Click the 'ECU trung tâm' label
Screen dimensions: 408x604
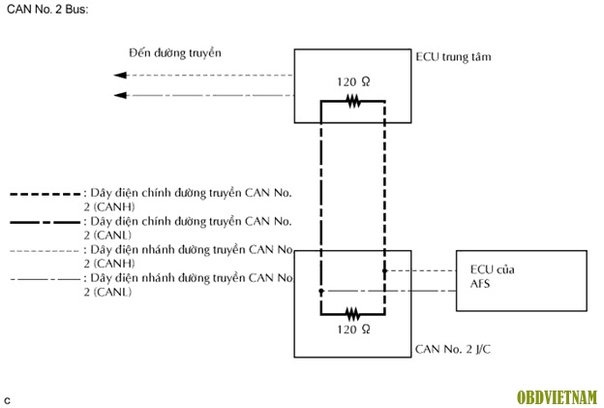tap(453, 57)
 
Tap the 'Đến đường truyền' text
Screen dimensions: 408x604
tap(175, 52)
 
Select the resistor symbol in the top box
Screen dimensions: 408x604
tap(353, 100)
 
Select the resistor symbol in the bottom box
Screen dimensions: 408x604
tap(353, 313)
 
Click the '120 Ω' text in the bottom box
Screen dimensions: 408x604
tap(353, 330)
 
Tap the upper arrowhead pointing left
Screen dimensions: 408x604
tap(120, 76)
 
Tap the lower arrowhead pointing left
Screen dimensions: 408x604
tap(120, 94)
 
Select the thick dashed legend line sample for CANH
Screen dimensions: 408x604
tap(45, 195)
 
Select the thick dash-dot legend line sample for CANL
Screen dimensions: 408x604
tap(45, 222)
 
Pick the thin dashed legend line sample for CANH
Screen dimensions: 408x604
tap(45, 250)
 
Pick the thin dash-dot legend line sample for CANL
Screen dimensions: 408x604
tap(45, 279)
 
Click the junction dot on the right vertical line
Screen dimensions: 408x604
tap(384, 271)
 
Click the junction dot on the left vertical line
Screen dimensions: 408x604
tap(320, 290)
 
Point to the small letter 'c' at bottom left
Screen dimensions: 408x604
tap(8, 399)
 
